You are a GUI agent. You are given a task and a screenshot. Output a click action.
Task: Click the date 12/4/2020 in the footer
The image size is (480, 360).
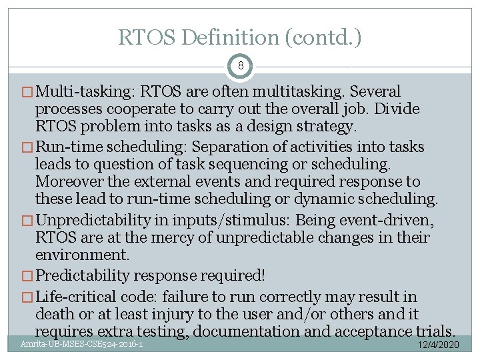pos(437,345)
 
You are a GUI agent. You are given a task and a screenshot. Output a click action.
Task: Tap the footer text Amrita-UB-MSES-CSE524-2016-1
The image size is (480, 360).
pos(80,344)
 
